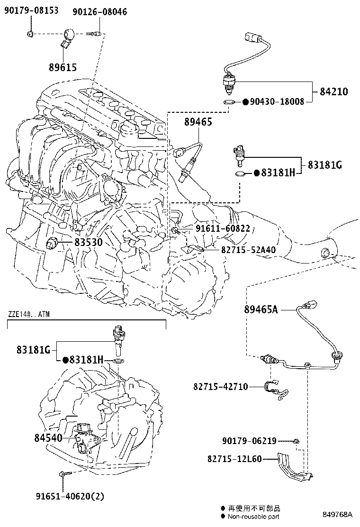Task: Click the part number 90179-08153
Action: pyautogui.click(x=32, y=10)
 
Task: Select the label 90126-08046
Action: pyautogui.click(x=99, y=11)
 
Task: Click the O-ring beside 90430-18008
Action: pyautogui.click(x=228, y=102)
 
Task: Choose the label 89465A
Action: pyautogui.click(x=261, y=309)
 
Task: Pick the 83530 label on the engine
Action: pyautogui.click(x=88, y=243)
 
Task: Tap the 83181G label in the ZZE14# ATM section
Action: pyautogui.click(x=33, y=350)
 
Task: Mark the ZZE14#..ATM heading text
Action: pyautogui.click(x=29, y=314)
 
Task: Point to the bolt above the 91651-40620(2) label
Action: pyautogui.click(x=63, y=474)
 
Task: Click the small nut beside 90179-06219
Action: pyautogui.click(x=295, y=441)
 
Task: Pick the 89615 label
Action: pyautogui.click(x=63, y=67)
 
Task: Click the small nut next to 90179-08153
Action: pyautogui.click(x=30, y=34)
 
